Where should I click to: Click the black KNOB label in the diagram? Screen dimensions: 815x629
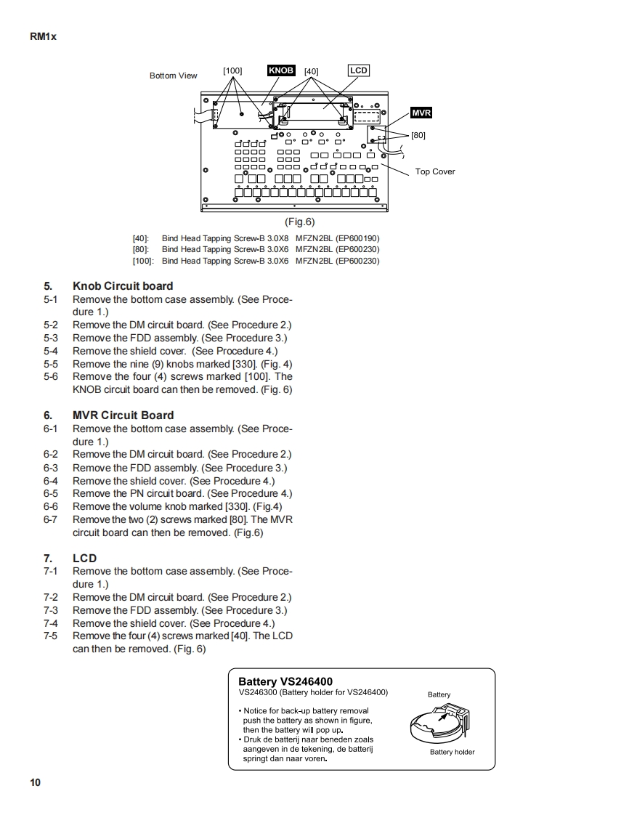(281, 70)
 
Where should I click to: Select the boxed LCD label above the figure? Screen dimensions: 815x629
(359, 70)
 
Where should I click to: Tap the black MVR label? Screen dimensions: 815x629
(421, 113)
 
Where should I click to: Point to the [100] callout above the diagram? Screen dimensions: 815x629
(232, 71)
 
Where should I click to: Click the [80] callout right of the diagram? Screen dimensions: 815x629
(418, 135)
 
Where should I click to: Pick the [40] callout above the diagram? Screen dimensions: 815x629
(311, 71)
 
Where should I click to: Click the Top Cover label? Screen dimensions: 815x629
(435, 171)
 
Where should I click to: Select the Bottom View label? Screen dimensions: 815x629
(173, 76)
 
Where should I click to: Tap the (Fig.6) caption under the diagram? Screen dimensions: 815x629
(299, 222)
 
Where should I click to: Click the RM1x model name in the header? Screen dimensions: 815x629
(43, 36)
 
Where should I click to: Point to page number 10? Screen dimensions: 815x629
(36, 782)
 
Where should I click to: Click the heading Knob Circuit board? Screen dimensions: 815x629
(123, 286)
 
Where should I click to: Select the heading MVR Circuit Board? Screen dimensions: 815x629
(123, 415)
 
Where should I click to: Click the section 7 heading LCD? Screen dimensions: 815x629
(84, 559)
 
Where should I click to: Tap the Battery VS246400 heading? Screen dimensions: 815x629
(285, 681)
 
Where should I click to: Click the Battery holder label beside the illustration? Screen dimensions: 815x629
(452, 752)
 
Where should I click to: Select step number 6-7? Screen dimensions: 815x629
(50, 519)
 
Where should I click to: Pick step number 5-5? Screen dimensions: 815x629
(50, 364)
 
